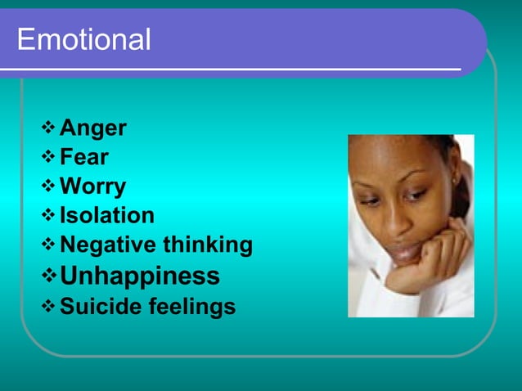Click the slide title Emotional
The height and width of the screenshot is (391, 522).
(x=83, y=39)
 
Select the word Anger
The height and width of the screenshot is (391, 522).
(x=93, y=128)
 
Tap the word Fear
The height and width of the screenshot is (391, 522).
(x=84, y=157)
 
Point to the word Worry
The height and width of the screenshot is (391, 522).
(x=93, y=187)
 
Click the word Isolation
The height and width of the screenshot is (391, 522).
(x=107, y=216)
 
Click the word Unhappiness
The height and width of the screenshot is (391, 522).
(x=140, y=276)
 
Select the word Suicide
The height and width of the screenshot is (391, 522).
(x=99, y=307)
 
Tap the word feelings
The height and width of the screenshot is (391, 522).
(x=190, y=307)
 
